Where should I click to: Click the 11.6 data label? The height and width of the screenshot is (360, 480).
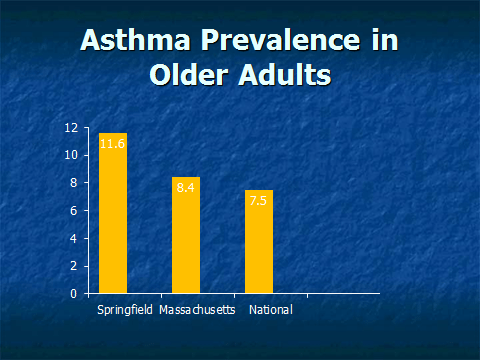tap(113, 145)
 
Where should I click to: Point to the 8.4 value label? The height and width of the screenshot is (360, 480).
tap(186, 187)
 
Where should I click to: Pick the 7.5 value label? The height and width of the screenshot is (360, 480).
tap(259, 200)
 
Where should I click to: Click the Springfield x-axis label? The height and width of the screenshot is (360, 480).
tap(125, 310)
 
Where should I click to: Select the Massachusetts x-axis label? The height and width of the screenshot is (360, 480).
tap(197, 310)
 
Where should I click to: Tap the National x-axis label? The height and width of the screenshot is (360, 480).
tap(270, 310)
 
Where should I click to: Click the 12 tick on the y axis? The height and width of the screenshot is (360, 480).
tap(71, 128)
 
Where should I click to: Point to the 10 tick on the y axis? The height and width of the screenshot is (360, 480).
tap(71, 155)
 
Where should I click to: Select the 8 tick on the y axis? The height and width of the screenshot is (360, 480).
tap(74, 183)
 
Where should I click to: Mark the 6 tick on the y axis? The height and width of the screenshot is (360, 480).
tap(74, 211)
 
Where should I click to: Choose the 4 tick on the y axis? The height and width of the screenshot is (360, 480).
tap(74, 239)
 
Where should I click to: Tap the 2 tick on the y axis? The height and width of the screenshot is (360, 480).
tap(74, 266)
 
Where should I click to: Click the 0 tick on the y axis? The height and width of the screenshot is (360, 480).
tap(74, 294)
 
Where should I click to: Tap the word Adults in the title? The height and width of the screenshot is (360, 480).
tap(286, 75)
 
